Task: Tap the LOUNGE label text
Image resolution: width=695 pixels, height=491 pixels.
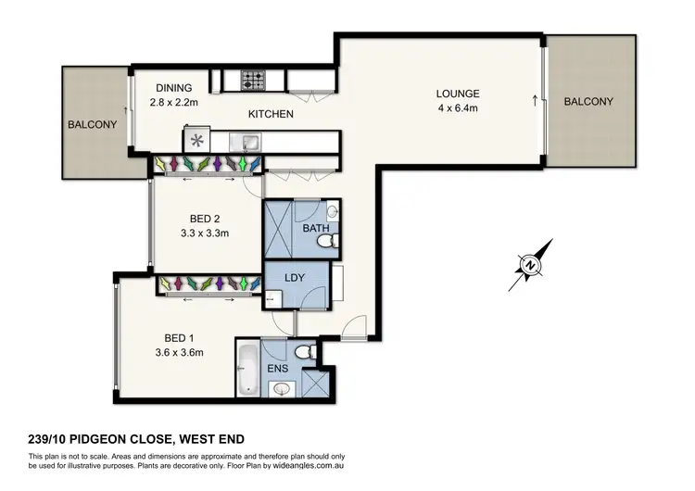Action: point(459,94)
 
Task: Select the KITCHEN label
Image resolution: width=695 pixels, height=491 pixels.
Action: point(271,114)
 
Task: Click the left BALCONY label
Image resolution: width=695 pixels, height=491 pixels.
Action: point(92,123)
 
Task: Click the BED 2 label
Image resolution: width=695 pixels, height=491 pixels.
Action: point(204,219)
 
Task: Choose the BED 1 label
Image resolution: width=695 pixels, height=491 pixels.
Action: point(183,337)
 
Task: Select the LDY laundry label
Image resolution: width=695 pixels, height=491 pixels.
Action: point(294,278)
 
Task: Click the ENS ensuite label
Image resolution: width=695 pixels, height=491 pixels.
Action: point(277,369)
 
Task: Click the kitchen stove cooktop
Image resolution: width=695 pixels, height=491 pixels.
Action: point(254,81)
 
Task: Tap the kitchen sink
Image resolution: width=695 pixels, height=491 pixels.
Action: point(247,142)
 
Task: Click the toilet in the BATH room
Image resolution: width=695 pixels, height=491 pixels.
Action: point(325,242)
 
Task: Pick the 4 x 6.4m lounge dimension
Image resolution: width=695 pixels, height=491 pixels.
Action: point(459,107)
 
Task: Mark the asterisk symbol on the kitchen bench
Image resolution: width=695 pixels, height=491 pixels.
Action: point(196,142)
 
